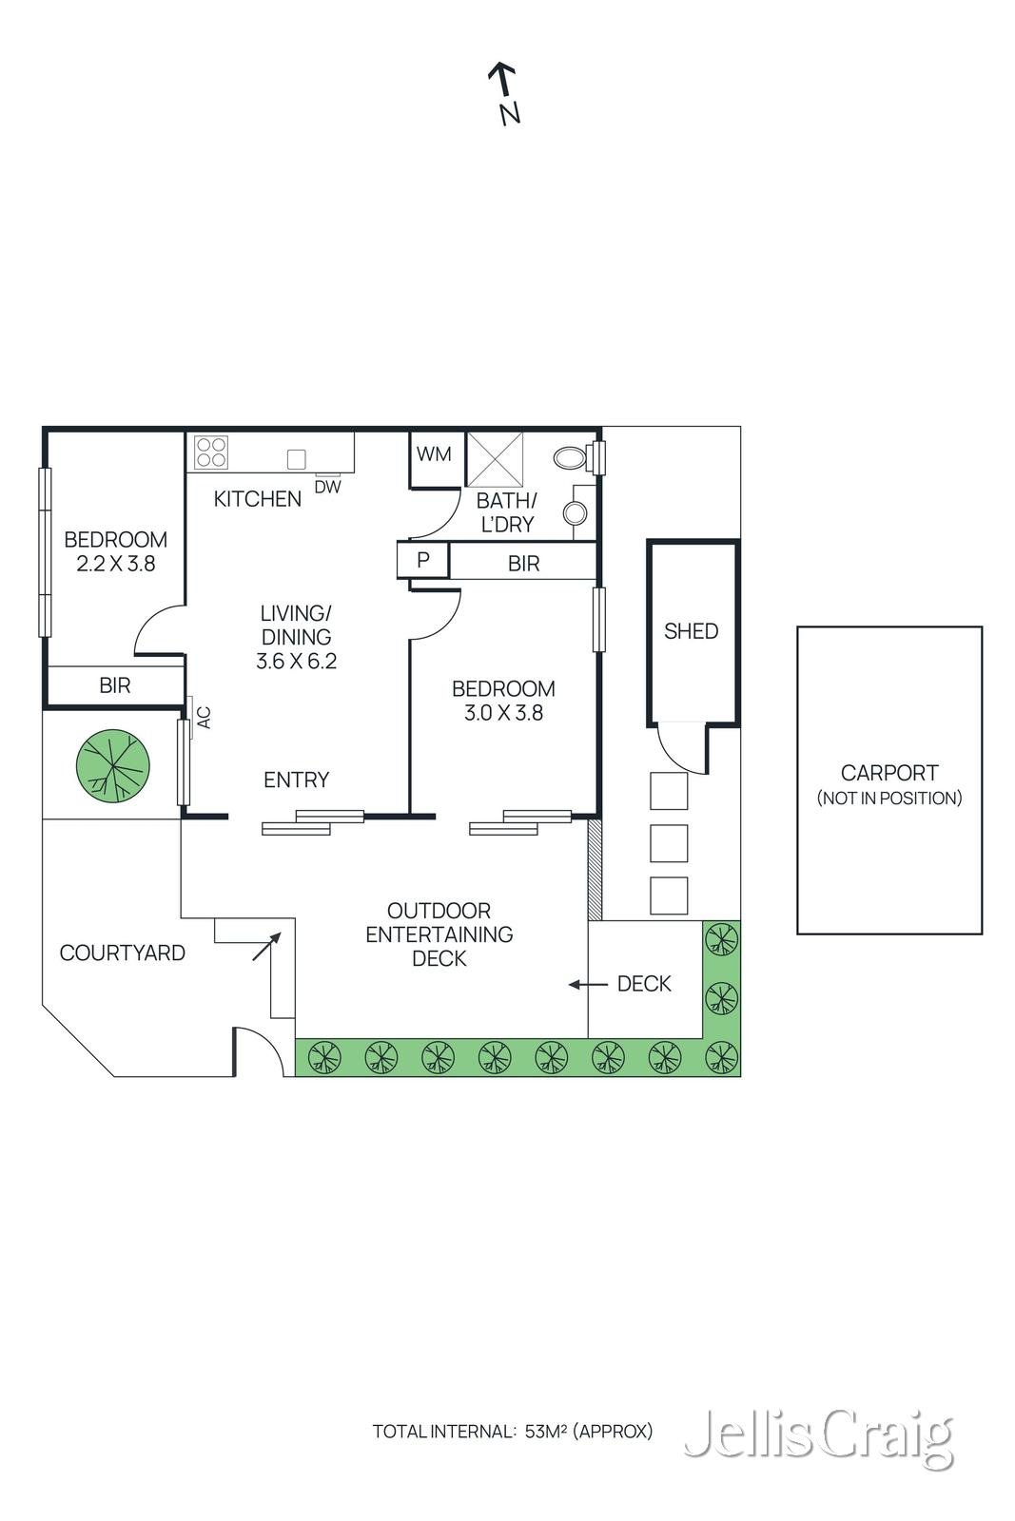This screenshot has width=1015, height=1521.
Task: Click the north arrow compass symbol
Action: pos(505,94)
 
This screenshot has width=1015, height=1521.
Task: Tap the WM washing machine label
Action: pos(434,454)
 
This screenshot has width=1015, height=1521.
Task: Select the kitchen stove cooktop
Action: pos(210,452)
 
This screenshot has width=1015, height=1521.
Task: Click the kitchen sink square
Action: pos(296,460)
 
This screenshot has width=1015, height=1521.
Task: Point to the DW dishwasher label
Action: pos(327,487)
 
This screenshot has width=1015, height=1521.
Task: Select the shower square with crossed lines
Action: pos(494,459)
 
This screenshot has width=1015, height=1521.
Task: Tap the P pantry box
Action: pos(422,560)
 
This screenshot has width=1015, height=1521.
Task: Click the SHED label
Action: pos(691,631)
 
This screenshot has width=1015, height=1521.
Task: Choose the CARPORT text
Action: pos(889,773)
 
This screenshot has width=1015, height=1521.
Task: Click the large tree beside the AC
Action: pos(113,764)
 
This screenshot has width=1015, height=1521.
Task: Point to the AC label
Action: pos(204,718)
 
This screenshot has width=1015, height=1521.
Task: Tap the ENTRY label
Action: pos(296,780)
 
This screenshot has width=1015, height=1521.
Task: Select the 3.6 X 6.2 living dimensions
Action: pos(296,661)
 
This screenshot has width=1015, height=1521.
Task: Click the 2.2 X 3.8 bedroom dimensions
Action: pos(115,564)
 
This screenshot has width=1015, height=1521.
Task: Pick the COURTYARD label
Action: pos(123,953)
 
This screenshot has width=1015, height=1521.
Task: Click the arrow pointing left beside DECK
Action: pos(588,985)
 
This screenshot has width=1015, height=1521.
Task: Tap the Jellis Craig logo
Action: pos(819,1433)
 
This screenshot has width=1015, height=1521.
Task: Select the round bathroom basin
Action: pos(576,512)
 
